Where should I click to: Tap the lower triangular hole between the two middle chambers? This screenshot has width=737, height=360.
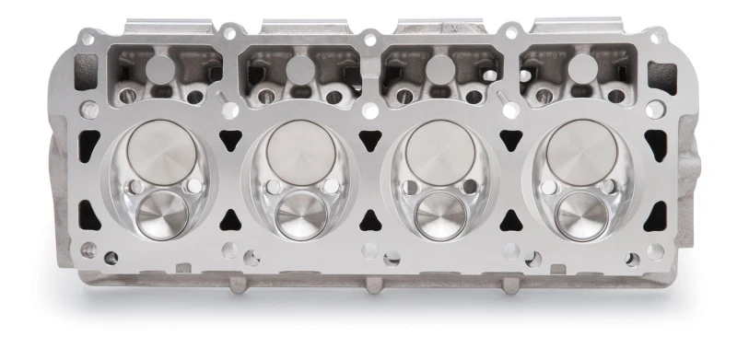click(x=368, y=220)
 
